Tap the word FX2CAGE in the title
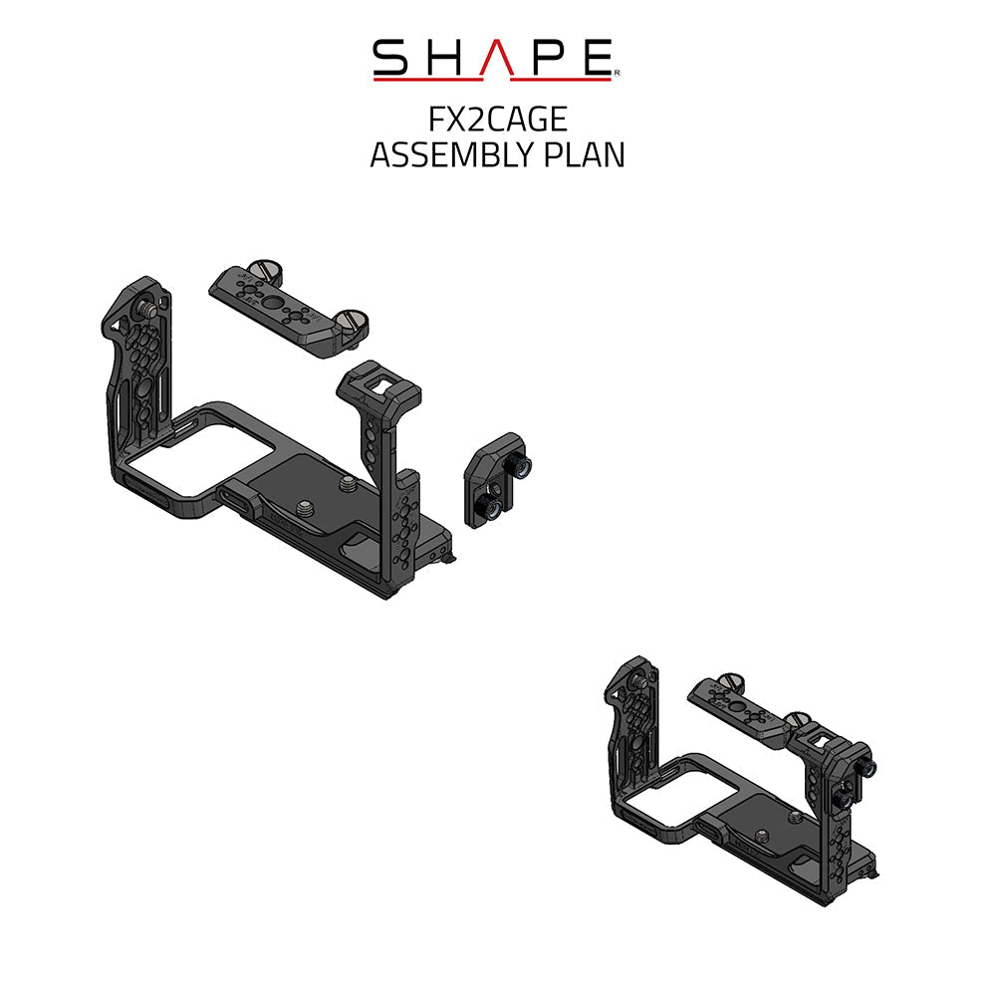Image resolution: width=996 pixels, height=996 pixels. point(497,120)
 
